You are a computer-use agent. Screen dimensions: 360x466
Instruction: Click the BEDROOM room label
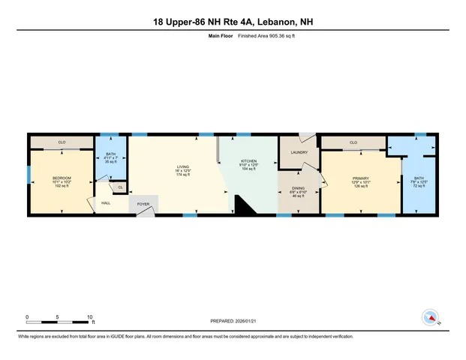point(62,177)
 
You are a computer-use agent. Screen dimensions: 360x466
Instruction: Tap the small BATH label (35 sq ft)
point(110,154)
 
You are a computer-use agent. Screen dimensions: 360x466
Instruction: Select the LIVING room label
point(183,167)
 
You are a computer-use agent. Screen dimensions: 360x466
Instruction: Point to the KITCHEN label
point(248,161)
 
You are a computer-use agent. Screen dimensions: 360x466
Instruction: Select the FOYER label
point(143,203)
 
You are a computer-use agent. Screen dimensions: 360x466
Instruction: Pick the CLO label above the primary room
point(353,142)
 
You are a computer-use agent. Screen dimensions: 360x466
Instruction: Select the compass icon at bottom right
point(431,316)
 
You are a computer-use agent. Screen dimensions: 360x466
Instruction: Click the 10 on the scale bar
point(90,316)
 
